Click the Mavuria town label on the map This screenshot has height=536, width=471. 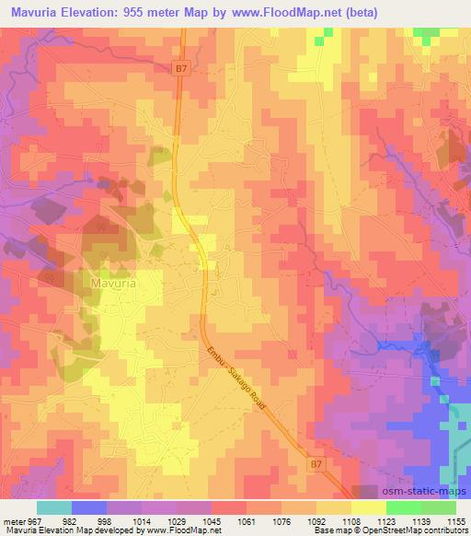click(x=113, y=285)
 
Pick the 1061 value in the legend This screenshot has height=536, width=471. click(x=246, y=520)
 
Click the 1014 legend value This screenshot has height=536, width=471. click(x=142, y=520)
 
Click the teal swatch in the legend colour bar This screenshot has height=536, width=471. click(x=54, y=507)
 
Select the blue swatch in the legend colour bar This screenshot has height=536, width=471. click(x=89, y=507)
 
